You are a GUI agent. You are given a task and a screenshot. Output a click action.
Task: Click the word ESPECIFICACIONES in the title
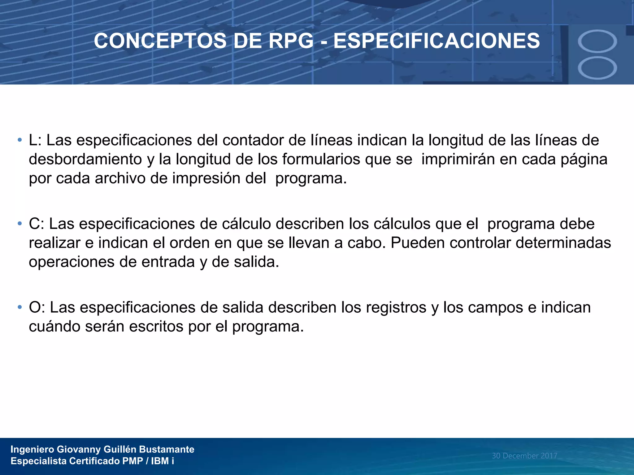[x=436, y=41]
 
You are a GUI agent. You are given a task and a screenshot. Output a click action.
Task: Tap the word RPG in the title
[x=291, y=41]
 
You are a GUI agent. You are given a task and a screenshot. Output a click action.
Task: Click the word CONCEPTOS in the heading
[x=160, y=41]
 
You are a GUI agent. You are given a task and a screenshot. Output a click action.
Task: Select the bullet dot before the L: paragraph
[x=20, y=140]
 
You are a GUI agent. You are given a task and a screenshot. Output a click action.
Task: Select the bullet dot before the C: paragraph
[x=20, y=224]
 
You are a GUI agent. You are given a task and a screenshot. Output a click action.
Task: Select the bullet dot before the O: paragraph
[x=20, y=307]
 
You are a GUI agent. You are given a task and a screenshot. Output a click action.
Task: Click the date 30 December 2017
[x=524, y=456]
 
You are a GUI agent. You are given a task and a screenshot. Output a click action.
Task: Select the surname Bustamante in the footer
[x=167, y=449]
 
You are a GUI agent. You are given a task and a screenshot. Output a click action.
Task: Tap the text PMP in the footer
[x=132, y=461]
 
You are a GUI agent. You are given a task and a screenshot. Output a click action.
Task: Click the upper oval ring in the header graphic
[x=597, y=41]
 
